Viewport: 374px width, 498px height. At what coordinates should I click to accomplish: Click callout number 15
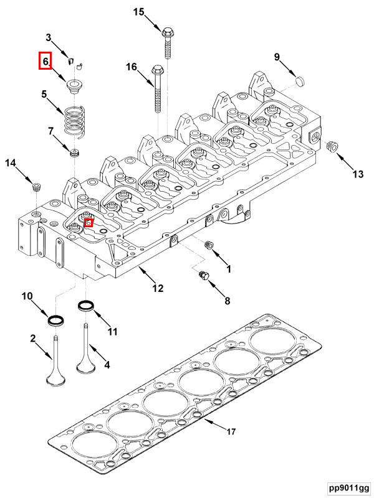[x=138, y=12]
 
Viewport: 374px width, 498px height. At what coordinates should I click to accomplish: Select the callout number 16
[x=131, y=67]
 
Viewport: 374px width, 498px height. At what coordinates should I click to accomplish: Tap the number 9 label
[x=277, y=58]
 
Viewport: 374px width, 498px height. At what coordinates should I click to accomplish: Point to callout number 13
[x=358, y=174]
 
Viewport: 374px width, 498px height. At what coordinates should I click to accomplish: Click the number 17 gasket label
[x=231, y=431]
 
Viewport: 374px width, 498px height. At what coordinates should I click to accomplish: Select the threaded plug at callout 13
[x=332, y=147]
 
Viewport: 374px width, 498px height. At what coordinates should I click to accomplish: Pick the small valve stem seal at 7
[x=75, y=153]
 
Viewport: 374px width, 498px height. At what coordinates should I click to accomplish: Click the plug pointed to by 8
[x=203, y=276]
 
